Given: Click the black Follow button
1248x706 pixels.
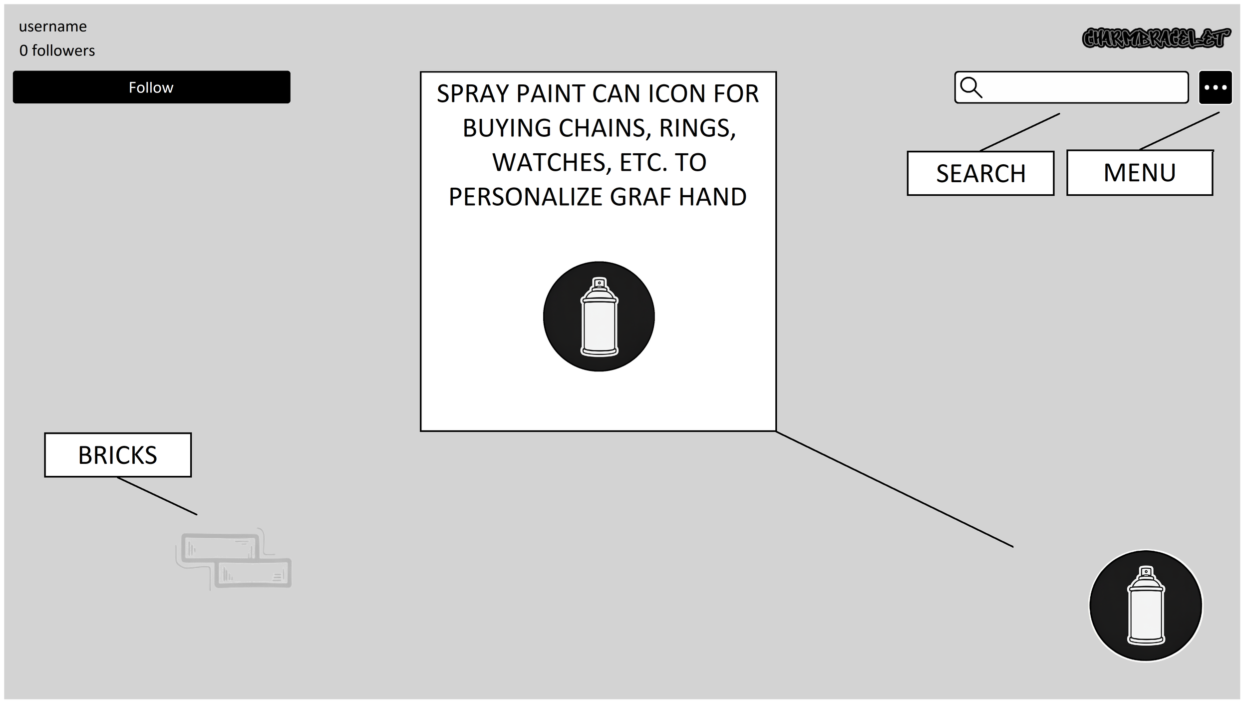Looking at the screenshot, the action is click(x=151, y=87).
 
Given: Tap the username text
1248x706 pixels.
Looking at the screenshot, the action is click(x=53, y=26).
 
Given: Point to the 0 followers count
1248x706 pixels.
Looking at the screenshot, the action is click(x=57, y=50).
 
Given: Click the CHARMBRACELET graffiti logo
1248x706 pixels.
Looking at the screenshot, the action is click(x=1155, y=38).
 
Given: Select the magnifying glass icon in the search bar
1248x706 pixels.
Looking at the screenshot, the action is click(x=970, y=87).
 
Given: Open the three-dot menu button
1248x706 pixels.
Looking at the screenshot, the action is click(x=1215, y=87).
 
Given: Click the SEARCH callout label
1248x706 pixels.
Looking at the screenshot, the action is click(x=980, y=173).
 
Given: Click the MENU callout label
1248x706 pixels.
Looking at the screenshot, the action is click(x=1139, y=173).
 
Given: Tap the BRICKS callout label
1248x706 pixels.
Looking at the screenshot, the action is click(x=118, y=455).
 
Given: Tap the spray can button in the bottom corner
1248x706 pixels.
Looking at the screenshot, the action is click(x=1146, y=605).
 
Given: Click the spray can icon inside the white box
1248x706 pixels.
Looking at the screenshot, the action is click(x=599, y=317).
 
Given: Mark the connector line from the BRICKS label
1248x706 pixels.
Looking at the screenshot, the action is click(x=157, y=496).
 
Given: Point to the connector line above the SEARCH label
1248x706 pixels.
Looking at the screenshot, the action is click(x=1019, y=132).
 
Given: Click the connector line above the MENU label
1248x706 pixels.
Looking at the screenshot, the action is click(x=1179, y=131).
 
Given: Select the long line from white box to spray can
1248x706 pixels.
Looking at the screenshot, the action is click(x=895, y=489).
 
